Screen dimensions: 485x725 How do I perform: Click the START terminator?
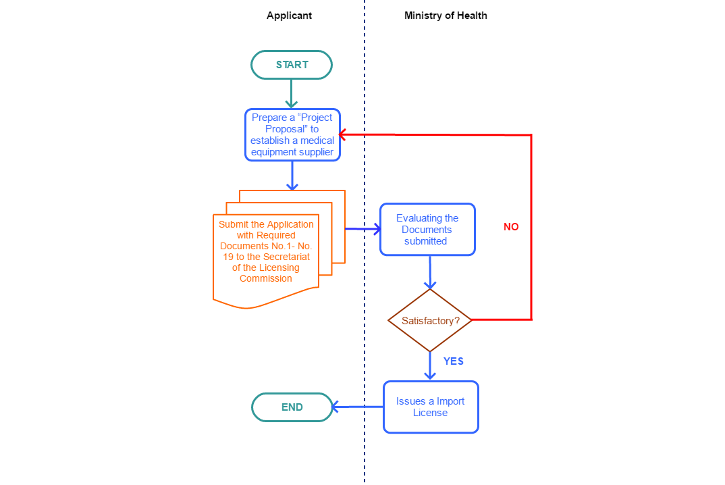click(x=292, y=65)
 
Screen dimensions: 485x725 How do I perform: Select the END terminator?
click(x=292, y=407)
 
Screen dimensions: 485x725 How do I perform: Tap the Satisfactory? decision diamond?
click(x=430, y=321)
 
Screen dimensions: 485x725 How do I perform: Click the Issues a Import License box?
click(x=431, y=407)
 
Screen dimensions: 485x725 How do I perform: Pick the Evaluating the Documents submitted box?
click(x=427, y=230)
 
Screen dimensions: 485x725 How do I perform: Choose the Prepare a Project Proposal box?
click(x=292, y=135)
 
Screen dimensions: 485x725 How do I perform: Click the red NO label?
click(x=511, y=227)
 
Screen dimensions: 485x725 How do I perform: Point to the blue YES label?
click(x=453, y=361)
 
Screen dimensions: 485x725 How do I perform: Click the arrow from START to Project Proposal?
click(x=292, y=93)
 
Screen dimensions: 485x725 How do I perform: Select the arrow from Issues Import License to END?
click(x=358, y=407)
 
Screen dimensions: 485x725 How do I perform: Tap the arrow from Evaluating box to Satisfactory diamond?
click(x=430, y=273)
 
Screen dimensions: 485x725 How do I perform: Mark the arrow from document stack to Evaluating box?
click(x=362, y=230)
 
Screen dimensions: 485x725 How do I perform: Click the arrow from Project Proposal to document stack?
click(x=292, y=176)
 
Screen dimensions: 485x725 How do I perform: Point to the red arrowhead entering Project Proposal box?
click(x=343, y=134)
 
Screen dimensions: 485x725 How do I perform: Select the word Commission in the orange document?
click(x=266, y=278)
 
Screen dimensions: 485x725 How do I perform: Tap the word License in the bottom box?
click(x=430, y=413)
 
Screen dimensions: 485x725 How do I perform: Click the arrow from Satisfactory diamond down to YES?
click(x=430, y=365)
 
